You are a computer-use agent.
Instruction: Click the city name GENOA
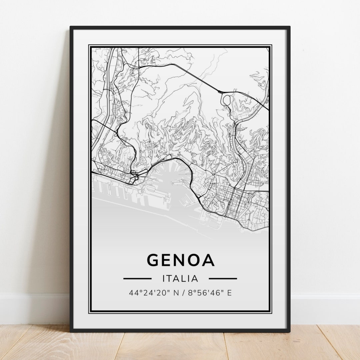180,260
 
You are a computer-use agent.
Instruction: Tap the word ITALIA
180,278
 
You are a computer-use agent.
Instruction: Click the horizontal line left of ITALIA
137,278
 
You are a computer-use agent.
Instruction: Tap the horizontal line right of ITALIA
223,278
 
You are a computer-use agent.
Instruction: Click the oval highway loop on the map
227,99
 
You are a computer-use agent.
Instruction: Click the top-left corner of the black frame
71,27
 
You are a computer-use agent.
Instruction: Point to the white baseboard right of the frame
325,308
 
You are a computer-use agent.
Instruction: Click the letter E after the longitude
229,293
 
